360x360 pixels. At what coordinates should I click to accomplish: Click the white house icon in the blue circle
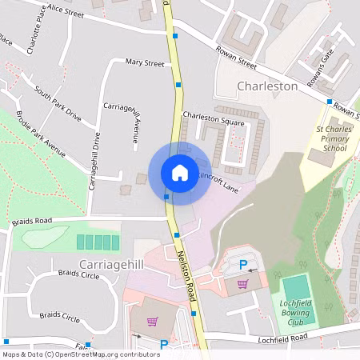(179, 172)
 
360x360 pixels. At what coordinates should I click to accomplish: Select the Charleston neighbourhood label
(267, 86)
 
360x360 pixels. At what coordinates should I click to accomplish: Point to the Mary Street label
(144, 62)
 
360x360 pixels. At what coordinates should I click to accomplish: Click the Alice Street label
(66, 9)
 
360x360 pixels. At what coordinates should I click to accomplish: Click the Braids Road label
(32, 221)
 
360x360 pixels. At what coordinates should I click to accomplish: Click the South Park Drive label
(58, 104)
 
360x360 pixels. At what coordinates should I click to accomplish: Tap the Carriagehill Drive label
(94, 160)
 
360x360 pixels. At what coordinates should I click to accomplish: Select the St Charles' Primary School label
(330, 138)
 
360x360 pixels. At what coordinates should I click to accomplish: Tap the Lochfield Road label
(282, 339)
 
